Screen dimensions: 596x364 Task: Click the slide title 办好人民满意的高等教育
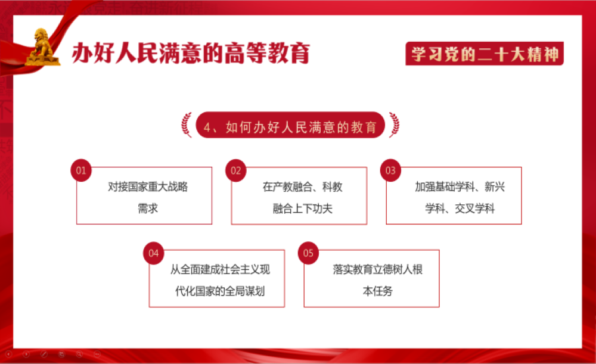click(x=191, y=53)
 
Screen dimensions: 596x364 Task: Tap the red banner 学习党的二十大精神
click(x=485, y=54)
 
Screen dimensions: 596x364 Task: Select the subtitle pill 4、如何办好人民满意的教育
click(x=290, y=125)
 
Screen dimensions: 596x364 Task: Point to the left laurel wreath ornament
click(x=186, y=125)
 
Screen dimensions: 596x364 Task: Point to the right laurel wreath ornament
click(x=394, y=125)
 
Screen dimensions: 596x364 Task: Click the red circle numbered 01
click(x=81, y=170)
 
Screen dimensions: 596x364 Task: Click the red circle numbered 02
click(x=235, y=170)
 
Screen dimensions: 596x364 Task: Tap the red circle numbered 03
click(x=390, y=170)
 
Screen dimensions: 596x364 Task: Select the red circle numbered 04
click(x=154, y=253)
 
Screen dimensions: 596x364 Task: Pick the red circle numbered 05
click(x=308, y=253)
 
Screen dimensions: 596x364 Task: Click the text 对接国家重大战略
click(x=148, y=187)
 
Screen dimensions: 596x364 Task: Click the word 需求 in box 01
click(x=148, y=209)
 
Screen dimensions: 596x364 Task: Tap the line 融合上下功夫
click(x=303, y=209)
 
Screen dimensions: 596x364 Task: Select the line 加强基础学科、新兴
click(x=460, y=187)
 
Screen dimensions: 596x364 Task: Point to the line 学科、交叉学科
click(x=460, y=209)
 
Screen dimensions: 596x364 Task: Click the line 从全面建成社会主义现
click(x=220, y=270)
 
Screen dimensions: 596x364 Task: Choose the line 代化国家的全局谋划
click(x=220, y=291)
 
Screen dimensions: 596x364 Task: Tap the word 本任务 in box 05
click(x=377, y=291)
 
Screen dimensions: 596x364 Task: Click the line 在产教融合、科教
click(x=303, y=187)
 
